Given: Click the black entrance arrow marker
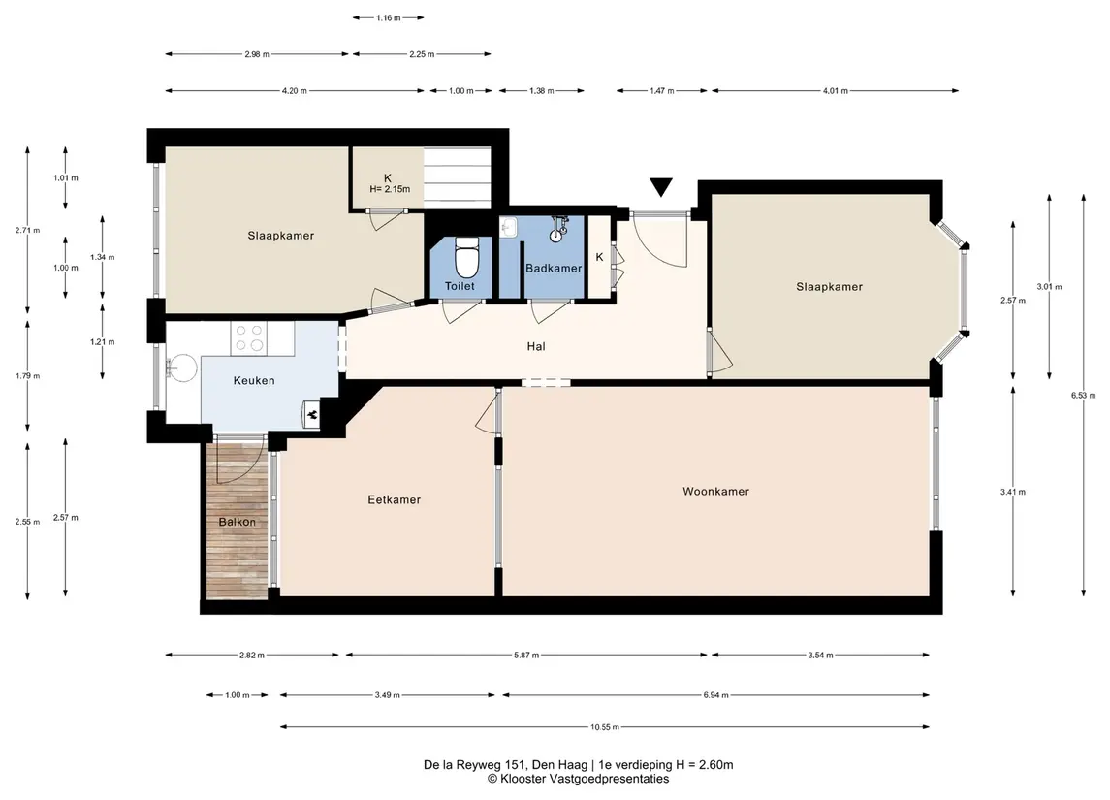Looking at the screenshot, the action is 661,187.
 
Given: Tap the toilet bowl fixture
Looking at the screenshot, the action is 465,257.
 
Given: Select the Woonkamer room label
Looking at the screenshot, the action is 715,492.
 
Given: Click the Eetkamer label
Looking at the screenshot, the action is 395,499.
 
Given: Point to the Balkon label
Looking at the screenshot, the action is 238,522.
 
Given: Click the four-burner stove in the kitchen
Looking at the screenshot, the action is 248,338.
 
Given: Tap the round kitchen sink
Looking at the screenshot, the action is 182,368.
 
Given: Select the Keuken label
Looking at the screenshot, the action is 254,381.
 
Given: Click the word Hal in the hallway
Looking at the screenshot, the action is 536,347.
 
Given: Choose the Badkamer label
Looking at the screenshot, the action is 554,269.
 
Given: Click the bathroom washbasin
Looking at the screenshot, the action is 509,227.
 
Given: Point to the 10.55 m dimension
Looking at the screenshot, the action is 605,727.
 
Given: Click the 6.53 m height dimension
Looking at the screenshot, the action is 1083,396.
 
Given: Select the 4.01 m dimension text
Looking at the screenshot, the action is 836,90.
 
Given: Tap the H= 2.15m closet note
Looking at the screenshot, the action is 390,190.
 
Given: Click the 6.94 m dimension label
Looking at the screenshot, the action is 715,695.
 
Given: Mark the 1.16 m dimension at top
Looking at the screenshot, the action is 389,17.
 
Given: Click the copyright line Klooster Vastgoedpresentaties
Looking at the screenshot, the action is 578,779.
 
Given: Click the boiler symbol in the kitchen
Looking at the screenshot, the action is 312,415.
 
